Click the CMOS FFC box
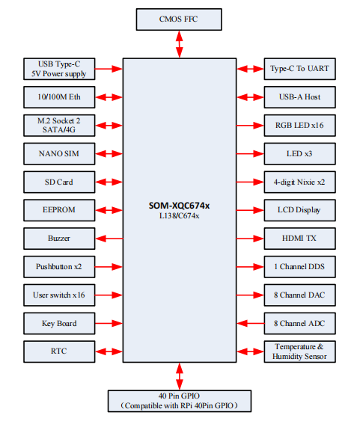point(179,19)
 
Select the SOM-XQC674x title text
point(179,206)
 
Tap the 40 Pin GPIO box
point(180,401)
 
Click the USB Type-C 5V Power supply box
point(59,69)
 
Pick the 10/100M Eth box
point(59,97)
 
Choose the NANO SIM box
point(59,154)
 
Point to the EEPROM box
point(59,210)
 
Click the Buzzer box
point(59,239)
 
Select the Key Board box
point(59,324)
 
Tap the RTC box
point(59,351)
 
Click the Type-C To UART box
point(300,69)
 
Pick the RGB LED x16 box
point(300,126)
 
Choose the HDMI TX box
point(300,239)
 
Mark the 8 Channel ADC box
point(300,324)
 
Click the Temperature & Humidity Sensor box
point(300,351)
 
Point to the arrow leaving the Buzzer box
point(109,239)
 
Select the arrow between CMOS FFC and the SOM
point(180,44)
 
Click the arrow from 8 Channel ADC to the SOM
point(251,324)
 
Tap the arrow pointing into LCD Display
point(250,210)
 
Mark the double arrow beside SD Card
point(109,182)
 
